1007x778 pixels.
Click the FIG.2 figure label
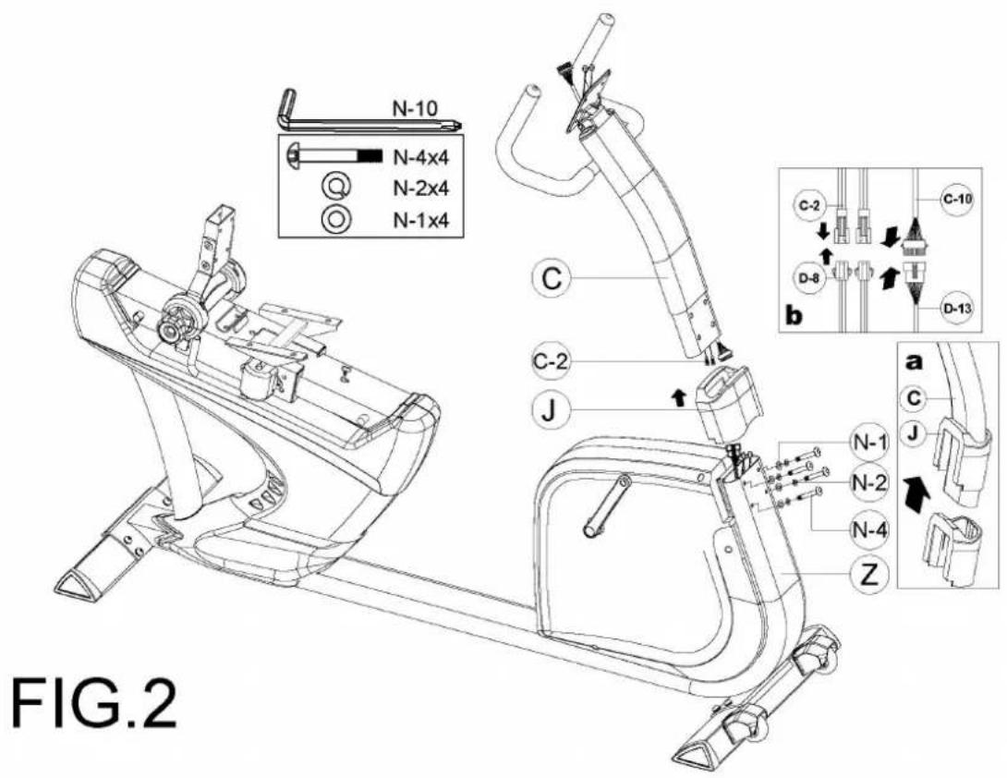point(95,703)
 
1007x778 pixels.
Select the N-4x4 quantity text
point(421,156)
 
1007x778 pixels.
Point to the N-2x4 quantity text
point(421,188)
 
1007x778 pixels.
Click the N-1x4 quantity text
point(421,220)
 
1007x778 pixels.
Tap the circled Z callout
point(869,574)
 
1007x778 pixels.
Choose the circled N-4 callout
point(869,530)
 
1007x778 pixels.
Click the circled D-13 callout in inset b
point(956,309)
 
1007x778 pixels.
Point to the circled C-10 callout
point(956,200)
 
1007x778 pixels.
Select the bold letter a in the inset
point(914,361)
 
